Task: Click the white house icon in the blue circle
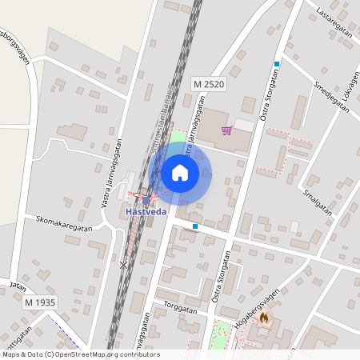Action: [180, 172]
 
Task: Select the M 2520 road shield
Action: [209, 83]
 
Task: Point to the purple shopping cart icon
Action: [226, 130]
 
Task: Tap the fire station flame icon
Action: [264, 318]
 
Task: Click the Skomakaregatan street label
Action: [65, 222]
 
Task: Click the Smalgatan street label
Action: [317, 196]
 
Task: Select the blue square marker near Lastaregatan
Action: [277, 63]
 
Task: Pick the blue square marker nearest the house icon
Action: [195, 226]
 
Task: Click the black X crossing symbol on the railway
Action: [122, 264]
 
